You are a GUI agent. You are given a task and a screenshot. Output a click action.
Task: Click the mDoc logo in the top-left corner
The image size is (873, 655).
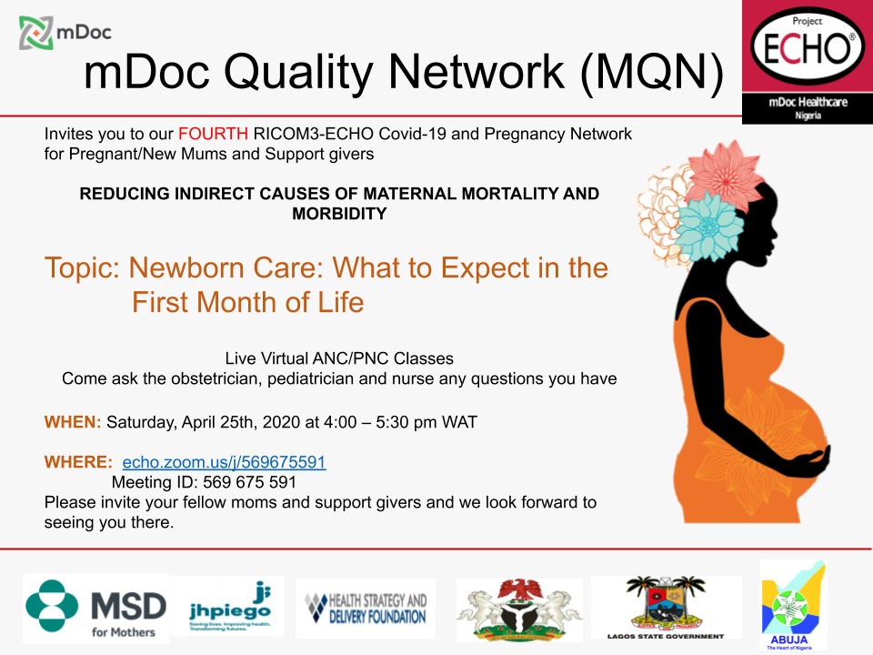pyautogui.click(x=64, y=33)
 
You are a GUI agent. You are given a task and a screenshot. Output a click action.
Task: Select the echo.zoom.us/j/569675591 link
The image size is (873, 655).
pyautogui.click(x=224, y=462)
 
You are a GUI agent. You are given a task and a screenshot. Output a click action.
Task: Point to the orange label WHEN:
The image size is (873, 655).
pyautogui.click(x=73, y=422)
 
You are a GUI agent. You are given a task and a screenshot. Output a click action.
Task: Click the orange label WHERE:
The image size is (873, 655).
pyautogui.click(x=78, y=462)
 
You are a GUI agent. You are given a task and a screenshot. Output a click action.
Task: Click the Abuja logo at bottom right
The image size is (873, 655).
pyautogui.click(x=792, y=605)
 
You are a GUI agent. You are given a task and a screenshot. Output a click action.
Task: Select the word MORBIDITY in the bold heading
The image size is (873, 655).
pyautogui.click(x=339, y=214)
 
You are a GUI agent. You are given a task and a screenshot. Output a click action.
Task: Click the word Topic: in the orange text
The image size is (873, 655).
pyautogui.click(x=83, y=268)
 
